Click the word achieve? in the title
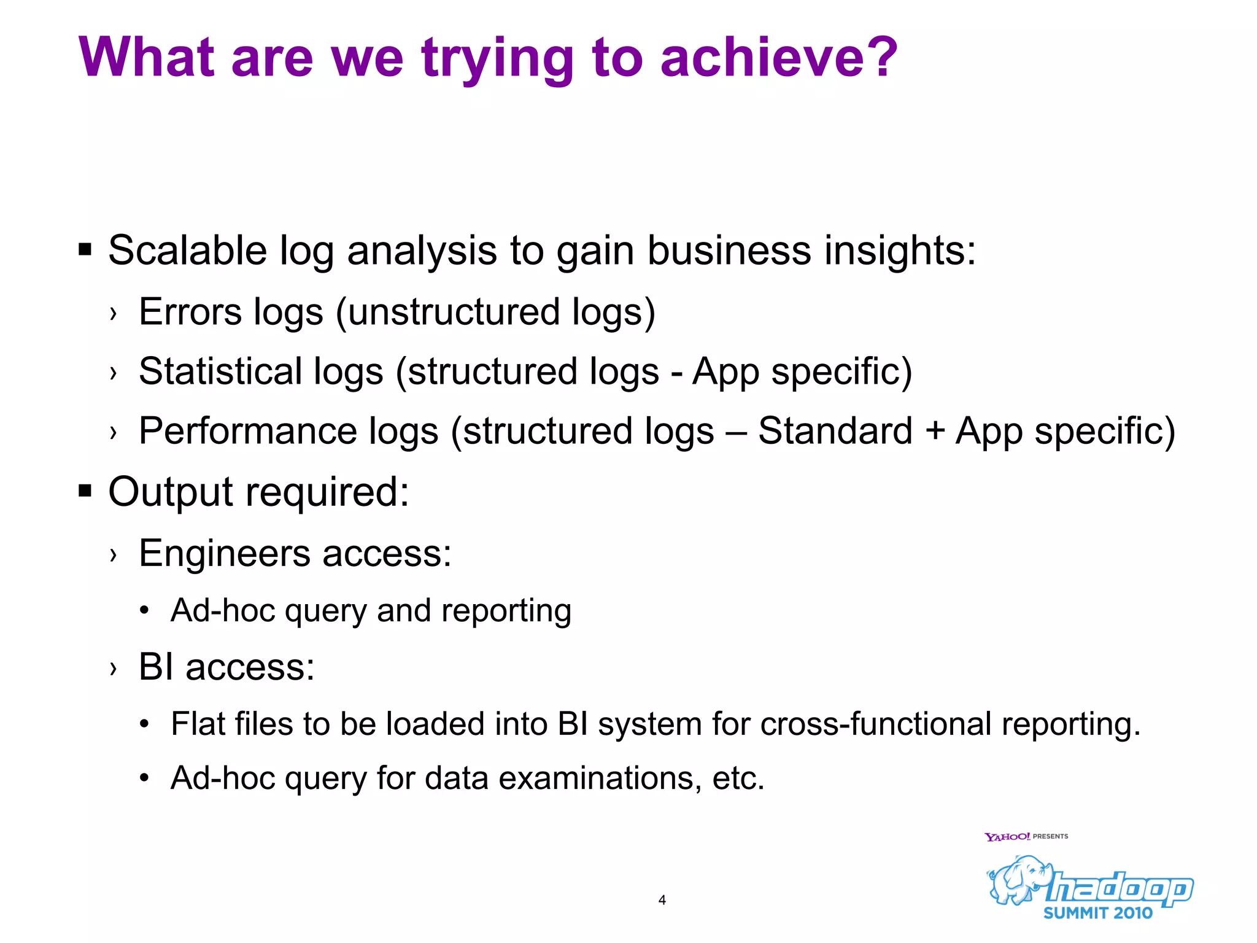click(778, 57)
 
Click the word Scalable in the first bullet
click(187, 250)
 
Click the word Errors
click(190, 312)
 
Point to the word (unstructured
click(447, 312)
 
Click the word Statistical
click(220, 371)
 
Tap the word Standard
click(835, 431)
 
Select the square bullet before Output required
click(85, 491)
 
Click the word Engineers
click(224, 554)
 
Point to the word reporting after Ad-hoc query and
click(506, 611)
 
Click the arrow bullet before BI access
click(113, 668)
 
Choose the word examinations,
click(600, 778)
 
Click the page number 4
click(662, 900)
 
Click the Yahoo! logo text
click(1007, 837)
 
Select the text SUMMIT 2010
click(1097, 913)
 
